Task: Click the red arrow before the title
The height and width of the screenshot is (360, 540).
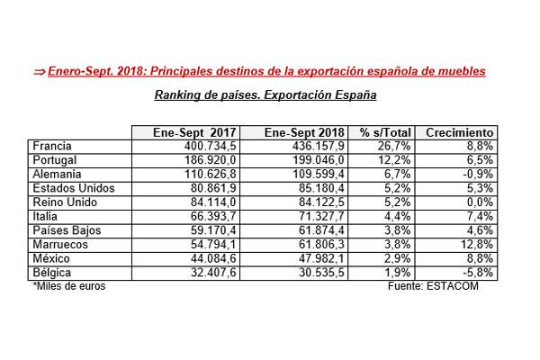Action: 40,72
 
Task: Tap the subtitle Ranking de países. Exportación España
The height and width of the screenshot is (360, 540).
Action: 265,94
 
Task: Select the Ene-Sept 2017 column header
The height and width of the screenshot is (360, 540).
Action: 194,132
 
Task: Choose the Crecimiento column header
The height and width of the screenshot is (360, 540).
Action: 459,132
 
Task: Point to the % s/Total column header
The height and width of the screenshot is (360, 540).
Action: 385,132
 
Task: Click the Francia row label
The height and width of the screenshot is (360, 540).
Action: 52,146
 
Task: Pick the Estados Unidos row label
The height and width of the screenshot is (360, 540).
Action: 74,188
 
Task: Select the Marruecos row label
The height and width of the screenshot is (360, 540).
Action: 60,244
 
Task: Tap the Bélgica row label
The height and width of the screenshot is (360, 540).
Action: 51,273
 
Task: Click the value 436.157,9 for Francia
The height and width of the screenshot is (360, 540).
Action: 319,146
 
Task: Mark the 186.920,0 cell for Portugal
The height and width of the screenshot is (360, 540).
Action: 210,160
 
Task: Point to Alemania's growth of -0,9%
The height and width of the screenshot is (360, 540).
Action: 478,174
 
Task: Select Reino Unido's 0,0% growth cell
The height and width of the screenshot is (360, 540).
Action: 480,202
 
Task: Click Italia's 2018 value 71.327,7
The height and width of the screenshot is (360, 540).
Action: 321,216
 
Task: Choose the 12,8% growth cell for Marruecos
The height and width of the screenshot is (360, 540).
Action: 477,244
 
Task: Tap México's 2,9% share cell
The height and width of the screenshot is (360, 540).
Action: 398,258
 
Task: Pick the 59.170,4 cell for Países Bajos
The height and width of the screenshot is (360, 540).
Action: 213,230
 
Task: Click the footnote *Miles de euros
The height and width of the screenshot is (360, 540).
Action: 69,286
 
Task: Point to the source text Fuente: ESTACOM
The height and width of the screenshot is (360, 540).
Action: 433,286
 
